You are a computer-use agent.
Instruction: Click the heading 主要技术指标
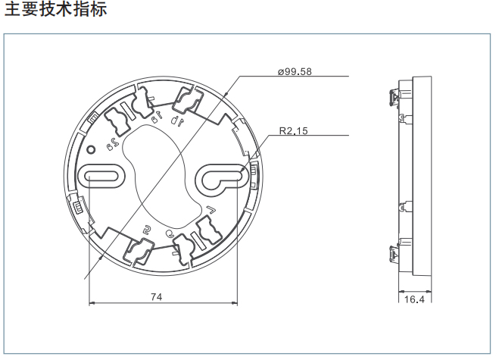(x=56, y=11)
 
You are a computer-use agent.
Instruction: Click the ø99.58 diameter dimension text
(x=295, y=71)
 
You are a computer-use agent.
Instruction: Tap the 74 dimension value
(x=157, y=296)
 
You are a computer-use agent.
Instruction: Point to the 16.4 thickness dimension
(x=413, y=300)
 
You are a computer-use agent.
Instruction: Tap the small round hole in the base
(x=91, y=149)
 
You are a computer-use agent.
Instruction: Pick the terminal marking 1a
(x=157, y=117)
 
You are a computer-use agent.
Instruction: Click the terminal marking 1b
(x=176, y=120)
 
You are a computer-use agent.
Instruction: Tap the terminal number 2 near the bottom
(x=148, y=230)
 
